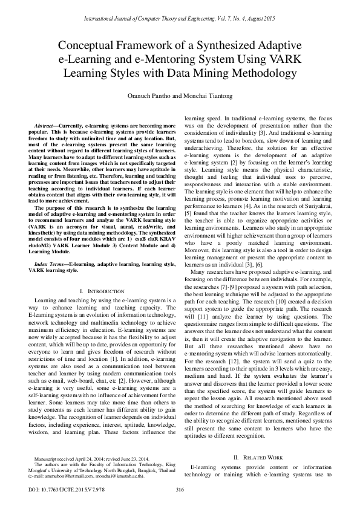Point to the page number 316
(x=179, y=490)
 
